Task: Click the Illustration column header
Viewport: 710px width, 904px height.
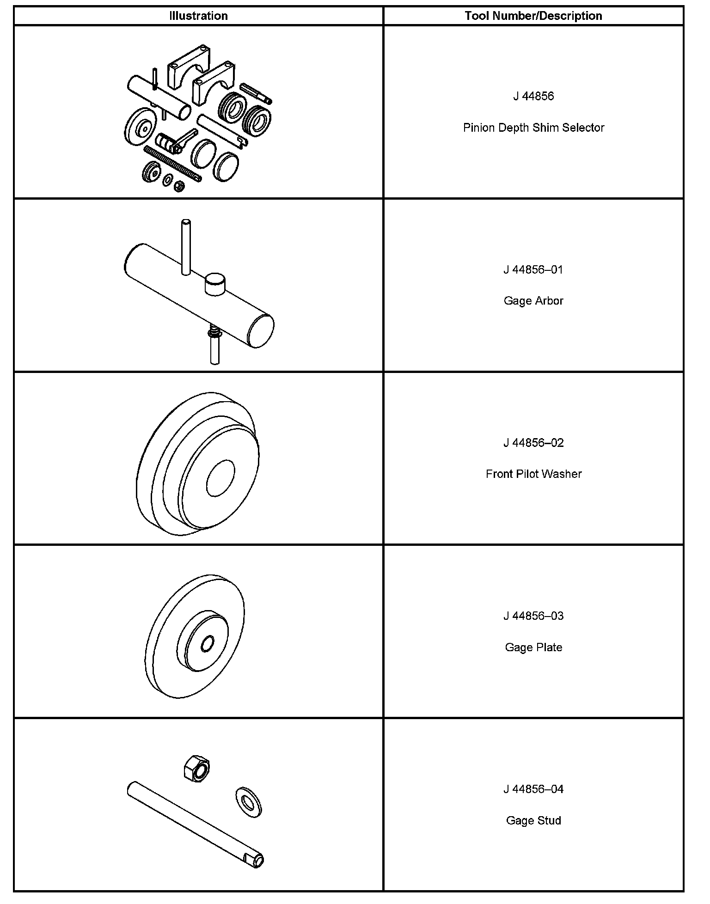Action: [x=198, y=16]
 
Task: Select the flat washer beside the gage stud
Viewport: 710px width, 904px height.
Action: [x=249, y=803]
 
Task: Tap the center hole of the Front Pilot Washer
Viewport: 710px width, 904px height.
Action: [x=220, y=478]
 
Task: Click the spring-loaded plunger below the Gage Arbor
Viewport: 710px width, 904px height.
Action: [x=214, y=347]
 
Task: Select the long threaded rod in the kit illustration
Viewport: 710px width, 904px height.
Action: [x=172, y=164]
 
